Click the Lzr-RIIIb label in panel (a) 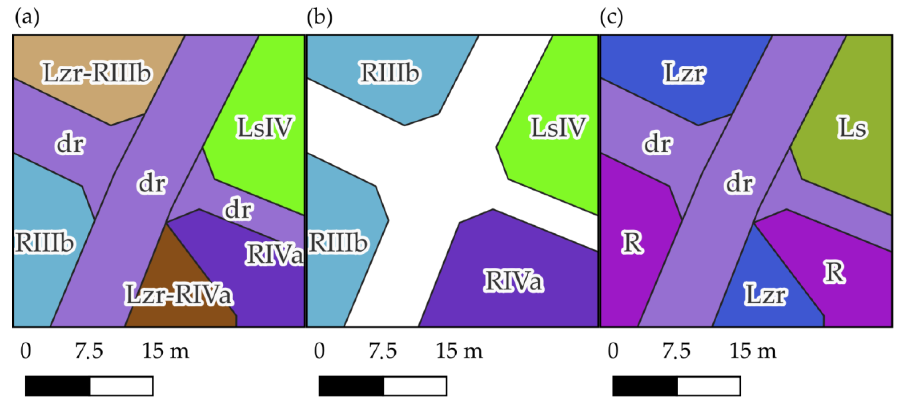point(97,73)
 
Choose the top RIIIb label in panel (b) point(389,73)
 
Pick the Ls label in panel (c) point(852,128)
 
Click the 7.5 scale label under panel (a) point(89,351)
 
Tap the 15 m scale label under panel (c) point(753,351)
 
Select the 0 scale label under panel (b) point(319,351)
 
